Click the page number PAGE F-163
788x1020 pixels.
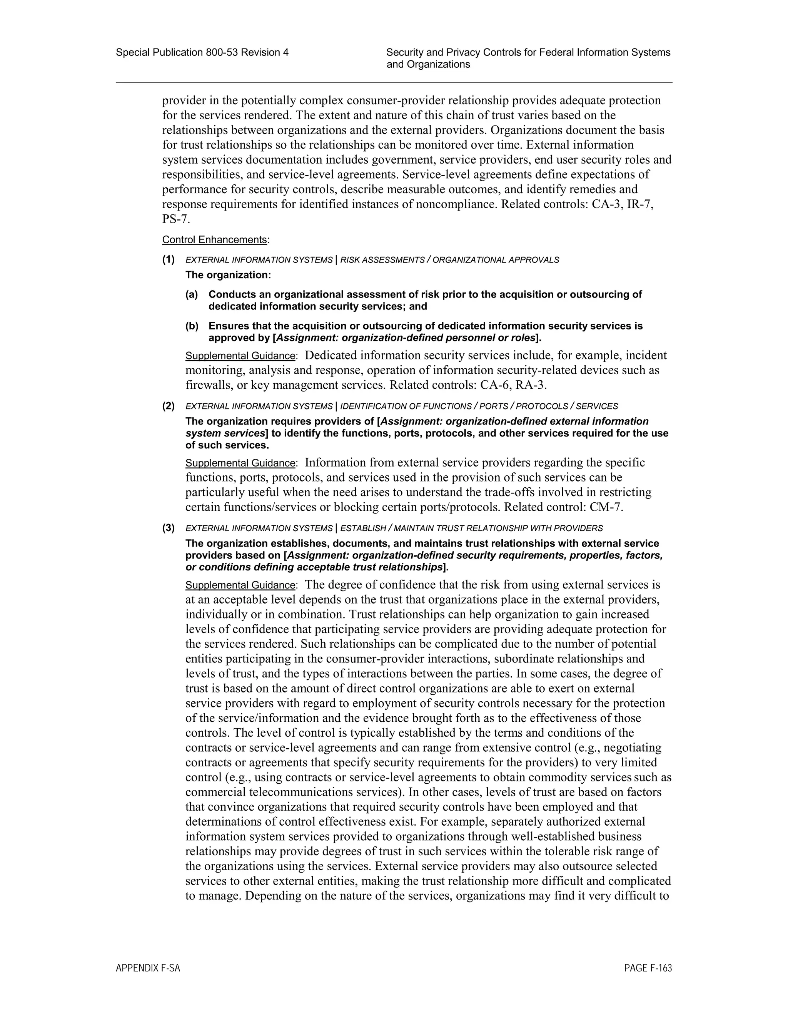click(648, 968)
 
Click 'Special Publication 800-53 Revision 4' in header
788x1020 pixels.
click(202, 52)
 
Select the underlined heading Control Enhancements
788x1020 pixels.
click(214, 239)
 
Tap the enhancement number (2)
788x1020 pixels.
click(169, 406)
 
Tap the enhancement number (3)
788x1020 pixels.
click(169, 528)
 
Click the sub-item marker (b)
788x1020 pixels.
click(192, 326)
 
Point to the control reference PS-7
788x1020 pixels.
click(175, 219)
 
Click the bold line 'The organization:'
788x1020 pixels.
click(228, 274)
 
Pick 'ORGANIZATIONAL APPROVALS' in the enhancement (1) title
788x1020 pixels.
click(495, 260)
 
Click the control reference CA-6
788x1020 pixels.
click(495, 385)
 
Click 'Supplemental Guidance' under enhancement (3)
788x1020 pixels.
click(240, 585)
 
